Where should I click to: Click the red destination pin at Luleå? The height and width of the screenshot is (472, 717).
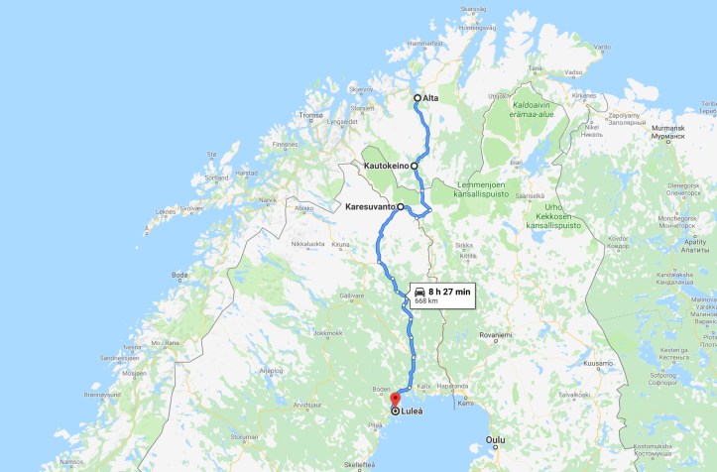[x=395, y=403]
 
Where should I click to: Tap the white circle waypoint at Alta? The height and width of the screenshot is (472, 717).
[x=418, y=97]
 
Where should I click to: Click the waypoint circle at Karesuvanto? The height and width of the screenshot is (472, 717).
[x=399, y=207]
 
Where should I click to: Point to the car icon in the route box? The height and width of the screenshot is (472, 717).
[x=420, y=291]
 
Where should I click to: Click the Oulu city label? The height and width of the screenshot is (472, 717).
[x=496, y=438]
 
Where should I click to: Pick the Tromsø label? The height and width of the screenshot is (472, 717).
[x=311, y=115]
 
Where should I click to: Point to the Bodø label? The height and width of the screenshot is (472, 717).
[x=179, y=275]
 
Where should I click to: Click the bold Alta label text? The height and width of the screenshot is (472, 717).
[x=430, y=97]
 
